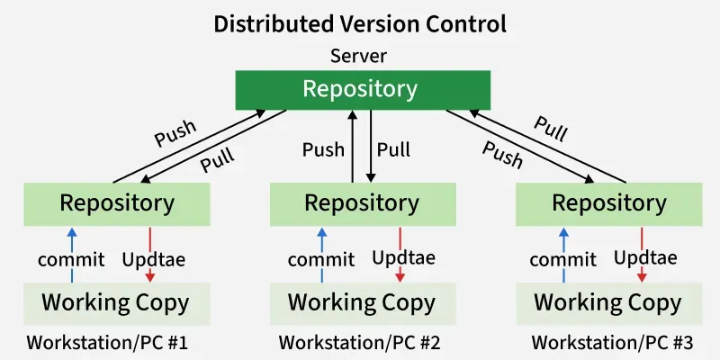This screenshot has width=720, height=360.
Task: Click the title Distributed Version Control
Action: pyautogui.click(x=360, y=23)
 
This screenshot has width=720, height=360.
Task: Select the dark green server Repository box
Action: pyautogui.click(x=360, y=89)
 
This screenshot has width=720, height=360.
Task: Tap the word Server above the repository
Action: pyautogui.click(x=358, y=56)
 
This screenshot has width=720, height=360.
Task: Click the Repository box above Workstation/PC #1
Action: pyautogui.click(x=117, y=203)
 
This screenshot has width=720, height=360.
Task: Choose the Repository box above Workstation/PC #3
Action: pyautogui.click(x=609, y=203)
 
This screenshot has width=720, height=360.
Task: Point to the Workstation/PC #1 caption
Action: pyautogui.click(x=107, y=343)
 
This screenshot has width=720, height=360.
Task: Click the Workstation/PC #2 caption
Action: pyautogui.click(x=359, y=343)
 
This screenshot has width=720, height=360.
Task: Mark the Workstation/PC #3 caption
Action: pyautogui.click(x=612, y=343)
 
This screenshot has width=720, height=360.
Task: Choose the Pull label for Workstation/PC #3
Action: pyautogui.click(x=551, y=128)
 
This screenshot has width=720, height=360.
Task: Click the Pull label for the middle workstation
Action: pyautogui.click(x=393, y=148)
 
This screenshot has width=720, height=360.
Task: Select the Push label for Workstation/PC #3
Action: pyautogui.click(x=502, y=154)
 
